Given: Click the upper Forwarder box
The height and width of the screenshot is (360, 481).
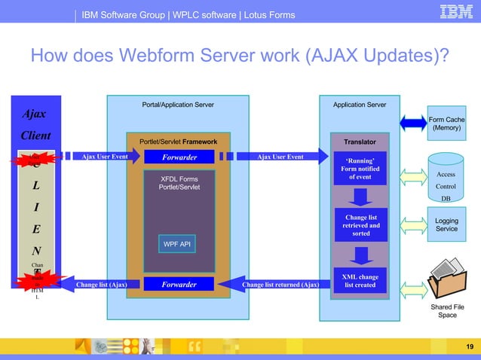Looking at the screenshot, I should click(179, 157).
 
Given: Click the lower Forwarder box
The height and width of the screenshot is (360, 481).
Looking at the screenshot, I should click(179, 285).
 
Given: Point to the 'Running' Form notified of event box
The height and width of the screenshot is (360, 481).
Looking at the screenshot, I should click(360, 169).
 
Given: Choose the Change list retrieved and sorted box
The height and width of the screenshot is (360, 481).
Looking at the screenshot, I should click(360, 224).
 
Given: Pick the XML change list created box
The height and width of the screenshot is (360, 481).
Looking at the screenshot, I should click(360, 281).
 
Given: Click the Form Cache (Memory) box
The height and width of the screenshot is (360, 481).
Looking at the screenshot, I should click(446, 124).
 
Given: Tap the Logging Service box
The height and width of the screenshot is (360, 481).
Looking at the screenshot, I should click(446, 224).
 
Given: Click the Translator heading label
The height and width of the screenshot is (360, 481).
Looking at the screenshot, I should click(360, 141).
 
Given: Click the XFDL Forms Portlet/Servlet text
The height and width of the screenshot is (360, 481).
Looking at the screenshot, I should click(179, 183).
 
